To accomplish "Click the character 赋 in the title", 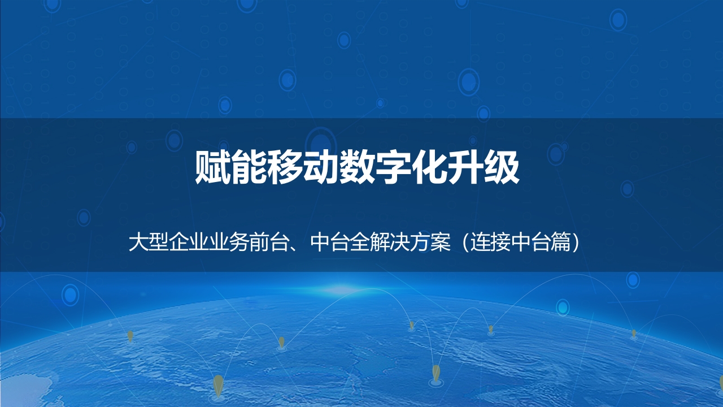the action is point(214,167).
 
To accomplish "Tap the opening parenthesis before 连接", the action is point(465,243).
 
